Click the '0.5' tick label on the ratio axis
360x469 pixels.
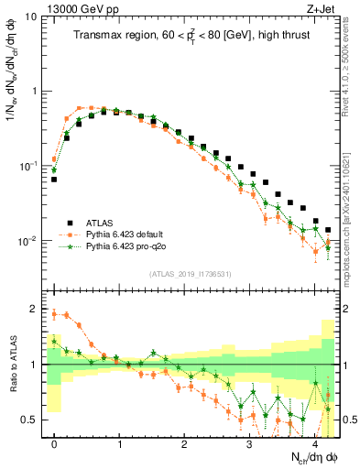click(33, 420)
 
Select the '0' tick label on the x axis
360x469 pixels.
click(54, 442)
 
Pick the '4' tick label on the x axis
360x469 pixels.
click(314, 442)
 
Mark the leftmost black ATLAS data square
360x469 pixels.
click(54, 180)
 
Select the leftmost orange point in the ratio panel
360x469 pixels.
click(54, 314)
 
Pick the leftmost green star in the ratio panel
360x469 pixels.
click(54, 342)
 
